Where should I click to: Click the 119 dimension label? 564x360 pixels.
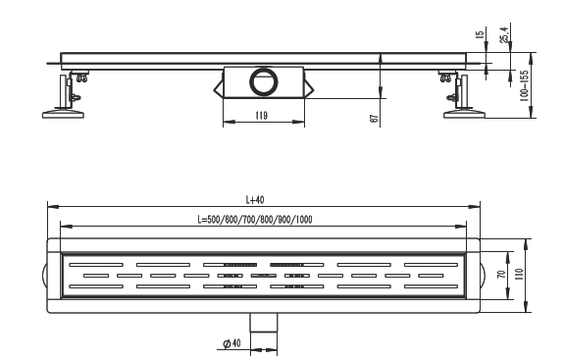pyautogui.click(x=261, y=116)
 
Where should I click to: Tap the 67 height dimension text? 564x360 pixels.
pyautogui.click(x=374, y=119)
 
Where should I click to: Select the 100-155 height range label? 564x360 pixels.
pyautogui.click(x=525, y=86)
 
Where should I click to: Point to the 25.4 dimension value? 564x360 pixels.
pyautogui.click(x=504, y=35)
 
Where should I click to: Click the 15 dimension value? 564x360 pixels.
pyautogui.click(x=480, y=34)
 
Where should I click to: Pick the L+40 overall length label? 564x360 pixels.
pyautogui.click(x=255, y=199)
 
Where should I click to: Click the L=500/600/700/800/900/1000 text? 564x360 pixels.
pyautogui.click(x=255, y=220)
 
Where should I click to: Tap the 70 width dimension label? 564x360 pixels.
pyautogui.click(x=501, y=274)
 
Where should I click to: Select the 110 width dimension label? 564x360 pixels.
pyautogui.click(x=518, y=275)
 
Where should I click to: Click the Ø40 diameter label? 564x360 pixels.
pyautogui.click(x=231, y=343)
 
